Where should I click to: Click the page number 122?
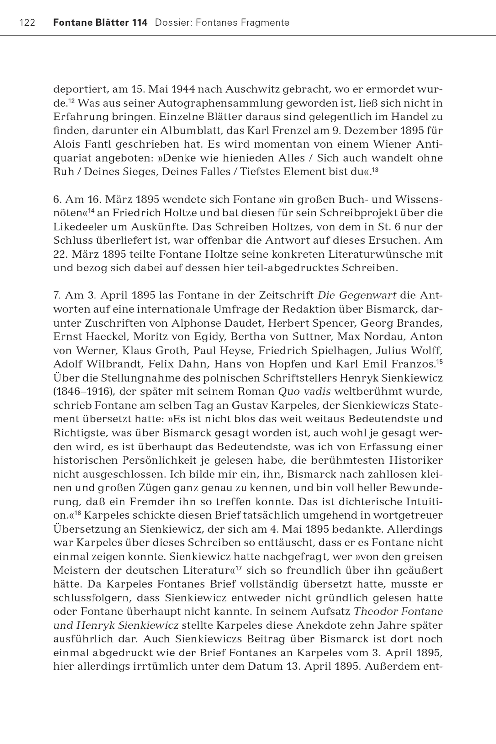coord(27,23)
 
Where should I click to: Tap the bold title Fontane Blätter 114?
coord(100,23)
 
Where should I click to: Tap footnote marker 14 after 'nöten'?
coord(92,210)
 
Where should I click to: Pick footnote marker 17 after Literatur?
coord(239,568)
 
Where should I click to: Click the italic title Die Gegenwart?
coord(357,295)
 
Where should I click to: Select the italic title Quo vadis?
coord(304,391)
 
